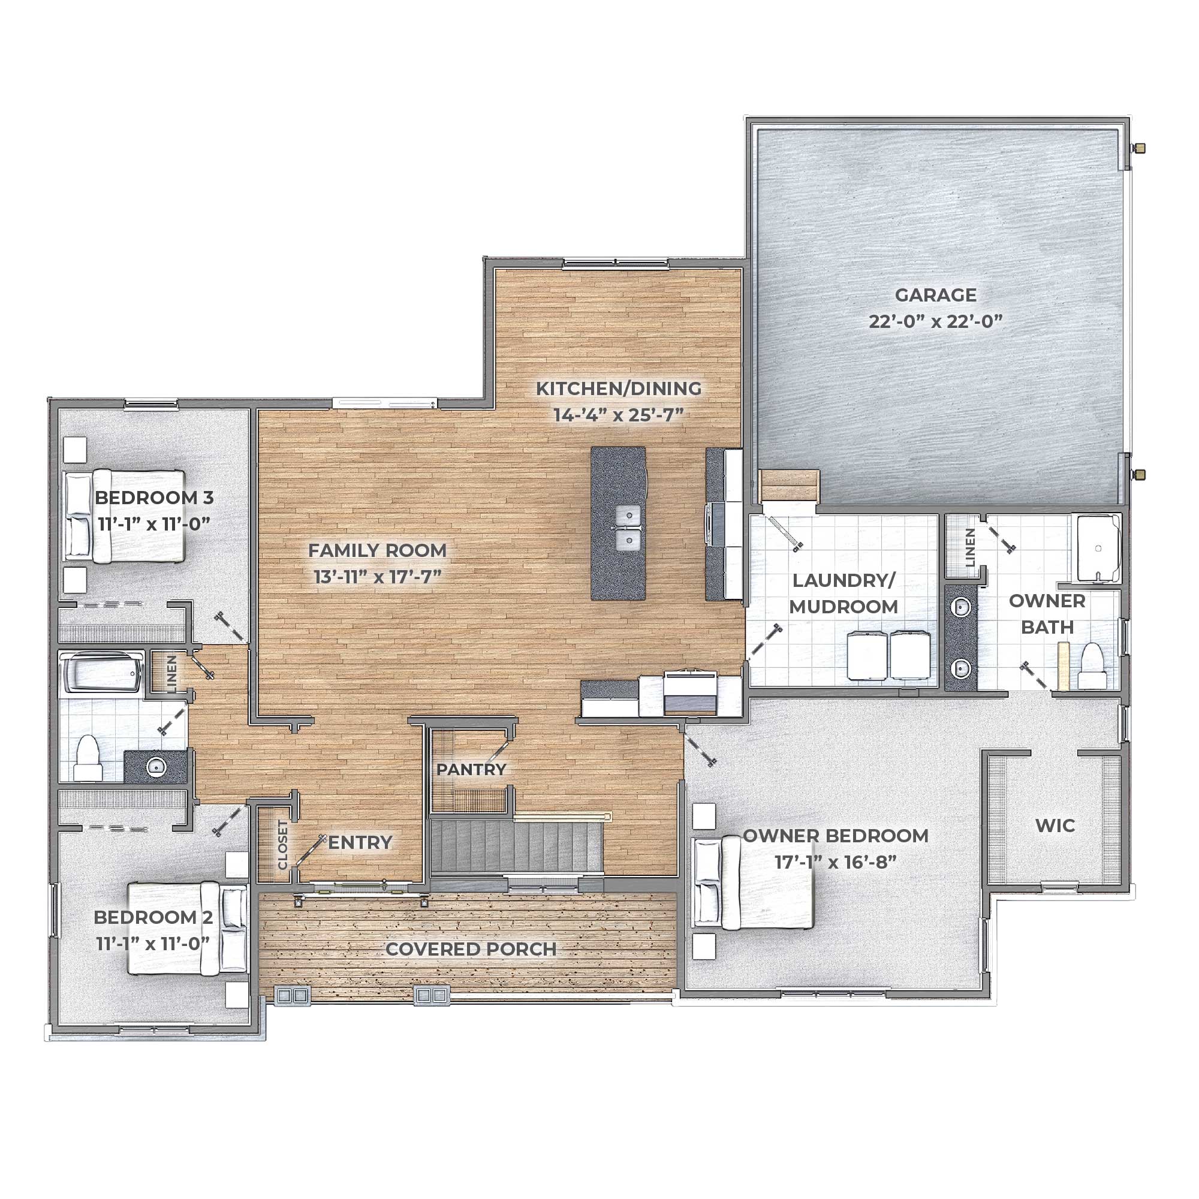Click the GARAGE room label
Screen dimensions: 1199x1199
point(935,295)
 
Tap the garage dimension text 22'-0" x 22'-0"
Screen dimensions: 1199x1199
point(935,321)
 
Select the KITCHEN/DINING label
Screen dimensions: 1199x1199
point(618,388)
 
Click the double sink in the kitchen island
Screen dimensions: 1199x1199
point(628,528)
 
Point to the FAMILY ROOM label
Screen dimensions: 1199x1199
point(377,550)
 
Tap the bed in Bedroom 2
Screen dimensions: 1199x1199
point(187,929)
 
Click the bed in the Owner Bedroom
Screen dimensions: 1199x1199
point(752,882)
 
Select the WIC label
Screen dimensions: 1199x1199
point(1055,826)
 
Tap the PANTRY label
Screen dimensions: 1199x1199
point(471,770)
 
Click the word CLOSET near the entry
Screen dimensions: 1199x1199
point(283,845)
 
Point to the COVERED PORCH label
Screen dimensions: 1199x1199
point(471,949)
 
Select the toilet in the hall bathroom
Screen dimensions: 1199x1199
point(88,758)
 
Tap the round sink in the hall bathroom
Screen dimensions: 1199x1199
point(156,768)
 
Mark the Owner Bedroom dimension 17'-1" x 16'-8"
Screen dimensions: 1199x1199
point(835,863)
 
